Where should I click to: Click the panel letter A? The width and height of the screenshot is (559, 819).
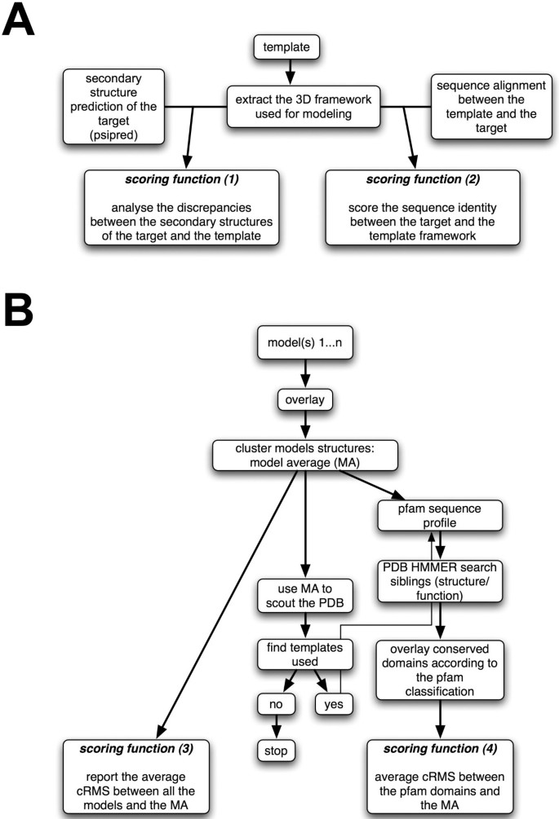click(19, 20)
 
